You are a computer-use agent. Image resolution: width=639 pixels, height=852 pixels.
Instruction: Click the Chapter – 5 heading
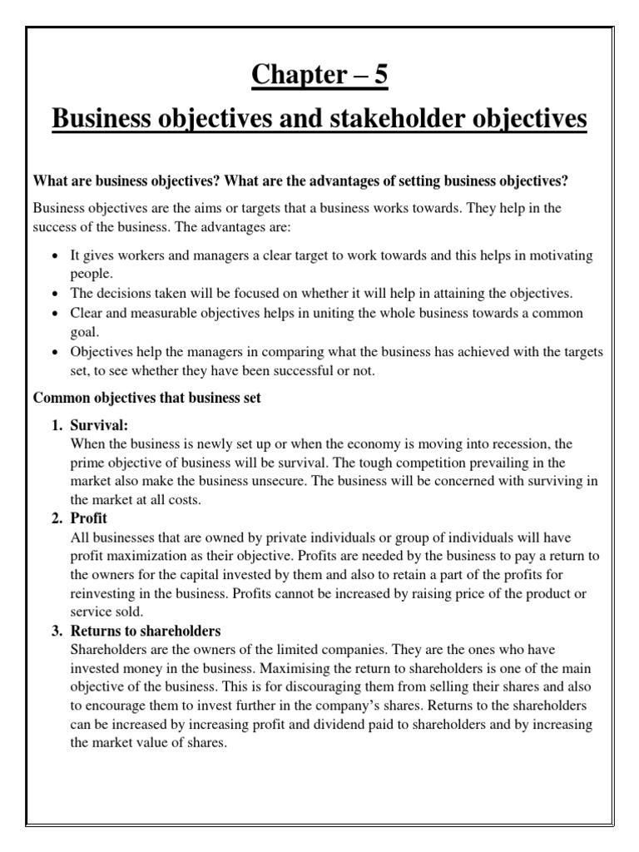[x=320, y=76]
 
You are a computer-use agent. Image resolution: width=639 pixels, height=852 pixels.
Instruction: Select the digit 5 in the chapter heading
[x=380, y=76]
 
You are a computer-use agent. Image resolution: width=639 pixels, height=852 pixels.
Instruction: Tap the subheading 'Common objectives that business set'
[x=146, y=399]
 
